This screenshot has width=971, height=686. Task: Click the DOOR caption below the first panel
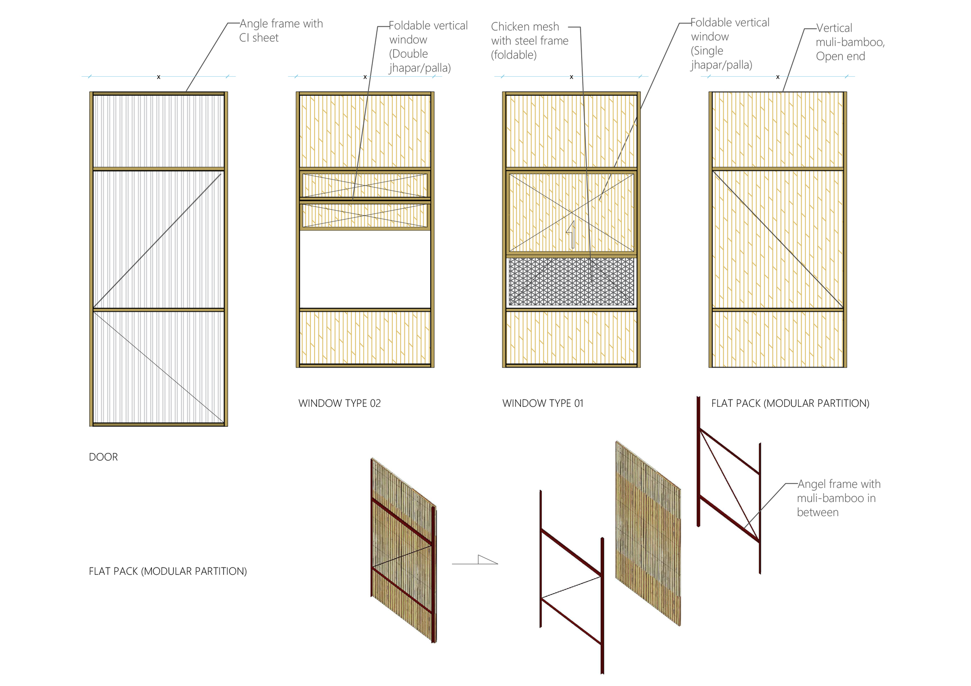[103, 457]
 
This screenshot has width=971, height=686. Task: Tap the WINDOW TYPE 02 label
[339, 403]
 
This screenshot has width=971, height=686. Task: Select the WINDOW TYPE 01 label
[542, 403]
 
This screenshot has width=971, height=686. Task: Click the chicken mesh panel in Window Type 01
[571, 282]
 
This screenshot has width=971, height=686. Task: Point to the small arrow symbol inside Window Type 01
[571, 234]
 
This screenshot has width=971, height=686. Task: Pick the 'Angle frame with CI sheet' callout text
[281, 31]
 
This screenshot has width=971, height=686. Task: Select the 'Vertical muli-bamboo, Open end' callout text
[850, 42]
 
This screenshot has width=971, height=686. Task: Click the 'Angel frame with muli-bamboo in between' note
[838, 498]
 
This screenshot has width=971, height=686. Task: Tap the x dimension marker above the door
[158, 77]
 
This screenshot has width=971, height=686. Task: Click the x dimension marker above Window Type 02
[365, 77]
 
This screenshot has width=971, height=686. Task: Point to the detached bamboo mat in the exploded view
[648, 534]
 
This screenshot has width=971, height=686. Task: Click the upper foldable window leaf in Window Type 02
[365, 185]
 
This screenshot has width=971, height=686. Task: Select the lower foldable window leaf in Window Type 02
[365, 215]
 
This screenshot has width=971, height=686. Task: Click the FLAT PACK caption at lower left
[167, 571]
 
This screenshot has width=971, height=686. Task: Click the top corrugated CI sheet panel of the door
[158, 131]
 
